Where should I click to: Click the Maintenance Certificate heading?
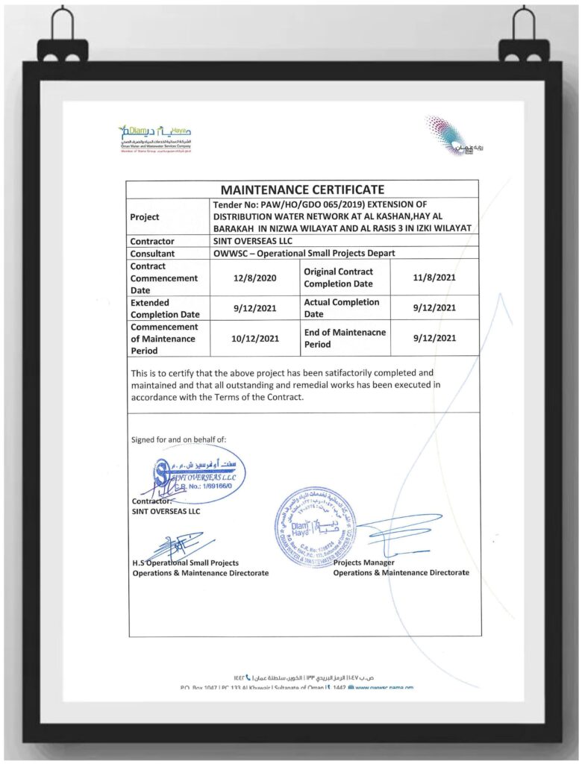tap(302, 190)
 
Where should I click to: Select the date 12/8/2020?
tap(255, 278)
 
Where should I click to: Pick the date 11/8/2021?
tap(434, 278)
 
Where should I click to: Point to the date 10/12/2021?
tap(255, 338)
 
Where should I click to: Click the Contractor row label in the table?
tap(152, 241)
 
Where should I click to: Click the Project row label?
tap(145, 217)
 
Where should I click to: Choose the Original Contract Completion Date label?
tap(338, 278)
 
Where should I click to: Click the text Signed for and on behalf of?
tap(178, 439)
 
